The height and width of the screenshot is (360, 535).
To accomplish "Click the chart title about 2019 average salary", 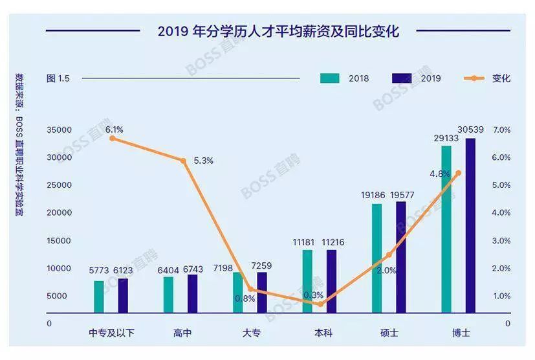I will [x=278, y=31].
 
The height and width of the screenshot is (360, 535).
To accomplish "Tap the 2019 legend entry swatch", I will [x=402, y=78].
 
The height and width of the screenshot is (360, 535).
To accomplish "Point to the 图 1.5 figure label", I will [x=58, y=78].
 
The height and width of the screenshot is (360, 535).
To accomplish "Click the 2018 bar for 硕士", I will [x=377, y=258].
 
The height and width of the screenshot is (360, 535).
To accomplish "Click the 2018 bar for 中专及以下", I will [x=99, y=297].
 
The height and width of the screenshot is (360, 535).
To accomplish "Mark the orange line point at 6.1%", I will [x=113, y=138].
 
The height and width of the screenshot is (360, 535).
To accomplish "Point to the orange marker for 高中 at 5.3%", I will [x=184, y=161].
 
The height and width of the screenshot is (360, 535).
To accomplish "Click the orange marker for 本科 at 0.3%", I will [x=321, y=304].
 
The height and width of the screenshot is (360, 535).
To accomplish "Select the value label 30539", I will [x=470, y=129].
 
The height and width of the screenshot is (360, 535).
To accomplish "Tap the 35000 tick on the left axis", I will [x=59, y=130].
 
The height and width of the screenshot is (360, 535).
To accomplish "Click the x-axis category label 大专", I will [x=252, y=333].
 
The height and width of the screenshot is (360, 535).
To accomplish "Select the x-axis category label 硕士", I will [x=389, y=333].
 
